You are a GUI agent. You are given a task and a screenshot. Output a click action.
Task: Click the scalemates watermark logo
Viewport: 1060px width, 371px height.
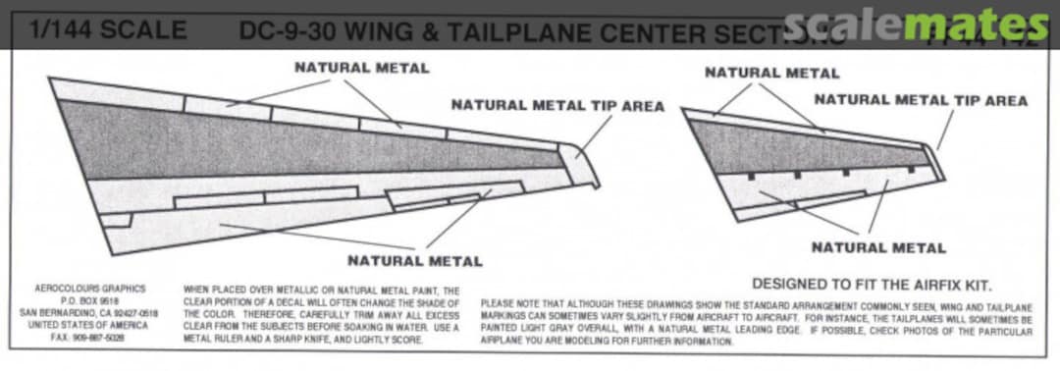(917, 25)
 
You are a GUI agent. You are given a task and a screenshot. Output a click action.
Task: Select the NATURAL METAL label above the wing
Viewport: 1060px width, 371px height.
(361, 68)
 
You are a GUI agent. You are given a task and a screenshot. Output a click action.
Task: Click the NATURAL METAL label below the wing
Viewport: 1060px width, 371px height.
(414, 261)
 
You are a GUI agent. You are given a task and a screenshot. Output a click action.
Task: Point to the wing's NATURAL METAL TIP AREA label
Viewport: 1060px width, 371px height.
(557, 105)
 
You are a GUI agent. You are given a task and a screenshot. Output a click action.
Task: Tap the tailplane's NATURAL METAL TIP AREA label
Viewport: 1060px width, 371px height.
(921, 100)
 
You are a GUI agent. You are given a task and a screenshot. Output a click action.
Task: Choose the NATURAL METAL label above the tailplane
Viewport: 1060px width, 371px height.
(771, 73)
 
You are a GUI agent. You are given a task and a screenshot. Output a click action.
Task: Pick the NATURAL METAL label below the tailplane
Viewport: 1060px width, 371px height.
(878, 247)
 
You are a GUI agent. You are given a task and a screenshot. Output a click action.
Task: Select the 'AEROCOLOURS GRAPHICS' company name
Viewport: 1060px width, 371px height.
(89, 289)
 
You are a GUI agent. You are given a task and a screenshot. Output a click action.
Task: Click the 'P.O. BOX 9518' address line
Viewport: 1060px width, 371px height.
(89, 301)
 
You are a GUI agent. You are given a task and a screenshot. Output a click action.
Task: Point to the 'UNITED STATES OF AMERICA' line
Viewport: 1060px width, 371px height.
(89, 325)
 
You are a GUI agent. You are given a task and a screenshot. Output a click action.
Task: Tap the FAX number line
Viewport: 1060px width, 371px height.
(89, 337)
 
